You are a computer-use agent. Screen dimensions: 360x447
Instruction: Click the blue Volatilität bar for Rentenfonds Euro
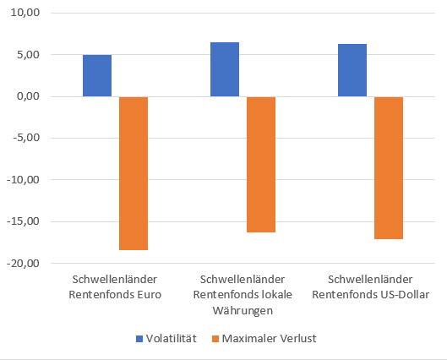click(x=97, y=76)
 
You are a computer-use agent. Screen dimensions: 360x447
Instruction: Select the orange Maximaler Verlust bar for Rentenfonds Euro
click(x=134, y=173)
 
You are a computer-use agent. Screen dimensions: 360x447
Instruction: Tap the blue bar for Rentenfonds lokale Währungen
click(x=225, y=69)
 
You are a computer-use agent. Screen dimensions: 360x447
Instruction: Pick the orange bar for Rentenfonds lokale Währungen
click(x=261, y=165)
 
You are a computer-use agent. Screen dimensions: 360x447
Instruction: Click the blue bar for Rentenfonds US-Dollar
click(x=352, y=70)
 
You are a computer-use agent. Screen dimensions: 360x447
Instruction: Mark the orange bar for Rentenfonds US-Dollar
click(x=389, y=168)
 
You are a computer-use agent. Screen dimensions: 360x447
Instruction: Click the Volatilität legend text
click(x=172, y=338)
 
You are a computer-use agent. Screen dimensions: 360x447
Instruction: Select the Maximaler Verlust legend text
click(x=268, y=338)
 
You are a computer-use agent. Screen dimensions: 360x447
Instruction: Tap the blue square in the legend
click(x=140, y=338)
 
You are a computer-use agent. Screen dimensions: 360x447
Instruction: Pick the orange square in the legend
click(x=215, y=338)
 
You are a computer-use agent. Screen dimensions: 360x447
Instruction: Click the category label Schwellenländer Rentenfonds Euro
click(x=115, y=286)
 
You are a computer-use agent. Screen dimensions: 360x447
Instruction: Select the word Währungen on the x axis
click(x=243, y=310)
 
